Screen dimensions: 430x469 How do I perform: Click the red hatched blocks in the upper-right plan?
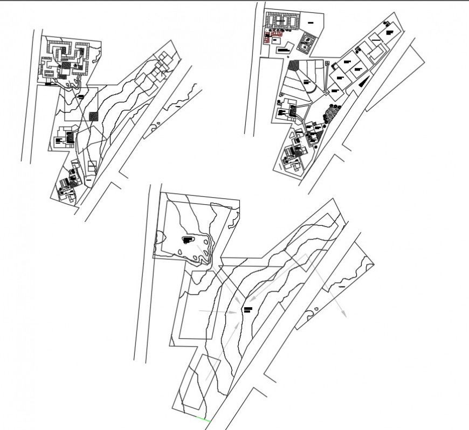pyautogui.click(x=272, y=36)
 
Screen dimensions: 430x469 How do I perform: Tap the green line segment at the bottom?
pyautogui.click(x=203, y=419)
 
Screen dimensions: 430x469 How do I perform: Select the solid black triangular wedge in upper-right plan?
pyautogui.click(x=364, y=81)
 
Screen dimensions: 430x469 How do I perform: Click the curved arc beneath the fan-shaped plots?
pyautogui.click(x=312, y=89)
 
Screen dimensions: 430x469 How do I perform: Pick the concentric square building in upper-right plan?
pyautogui.click(x=306, y=43)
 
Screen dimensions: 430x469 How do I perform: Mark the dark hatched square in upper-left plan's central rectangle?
pyautogui.click(x=93, y=116)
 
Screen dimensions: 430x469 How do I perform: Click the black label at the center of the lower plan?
pyautogui.click(x=247, y=310)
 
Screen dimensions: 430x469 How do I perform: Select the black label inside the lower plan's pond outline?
pyautogui.click(x=188, y=239)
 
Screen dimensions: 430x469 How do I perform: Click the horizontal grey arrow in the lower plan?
pyautogui.click(x=218, y=311)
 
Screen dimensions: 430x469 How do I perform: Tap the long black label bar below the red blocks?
pyautogui.click(x=284, y=50)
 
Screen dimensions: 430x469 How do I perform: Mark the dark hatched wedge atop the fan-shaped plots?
pyautogui.click(x=293, y=66)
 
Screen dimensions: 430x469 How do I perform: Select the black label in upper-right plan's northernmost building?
pyautogui.click(x=389, y=32)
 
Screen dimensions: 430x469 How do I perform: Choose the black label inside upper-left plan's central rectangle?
pyautogui.click(x=80, y=97)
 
